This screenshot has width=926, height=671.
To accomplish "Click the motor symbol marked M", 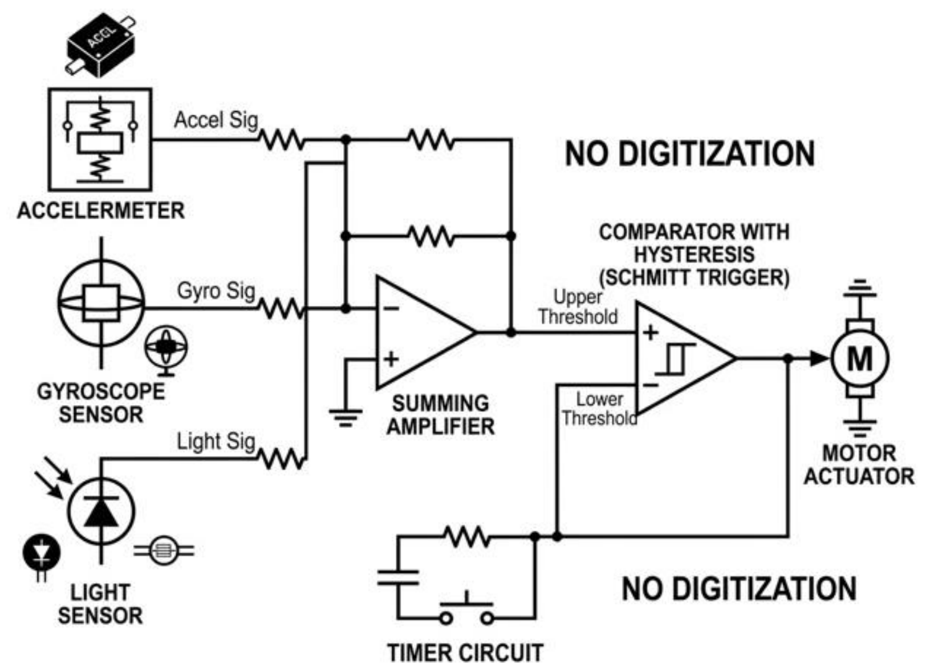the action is point(860,358).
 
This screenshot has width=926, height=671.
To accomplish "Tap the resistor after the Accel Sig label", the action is point(282,139).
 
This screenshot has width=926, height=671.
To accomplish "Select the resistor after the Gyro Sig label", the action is point(282,309).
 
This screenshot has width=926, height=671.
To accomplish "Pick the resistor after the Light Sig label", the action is point(282,459).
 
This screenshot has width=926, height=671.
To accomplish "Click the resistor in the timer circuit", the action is point(467,536).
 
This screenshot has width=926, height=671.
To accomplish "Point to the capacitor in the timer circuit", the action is point(398,577).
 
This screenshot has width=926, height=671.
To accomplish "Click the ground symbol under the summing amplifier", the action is point(346,418).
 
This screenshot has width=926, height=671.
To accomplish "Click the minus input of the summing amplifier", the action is point(390,309).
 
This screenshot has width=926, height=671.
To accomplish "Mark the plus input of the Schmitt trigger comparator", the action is point(650,332).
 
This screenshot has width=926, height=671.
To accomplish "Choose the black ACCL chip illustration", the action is point(101,46).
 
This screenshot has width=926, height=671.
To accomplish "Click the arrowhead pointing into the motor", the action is point(819,358).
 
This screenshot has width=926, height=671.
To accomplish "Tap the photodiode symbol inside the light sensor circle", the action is point(101,512).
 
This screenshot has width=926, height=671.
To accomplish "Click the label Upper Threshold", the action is point(578,307).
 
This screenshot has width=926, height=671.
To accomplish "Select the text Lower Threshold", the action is point(599,409).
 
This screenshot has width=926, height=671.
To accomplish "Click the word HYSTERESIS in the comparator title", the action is point(695,254).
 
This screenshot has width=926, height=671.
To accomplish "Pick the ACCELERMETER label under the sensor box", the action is point(101,211).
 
